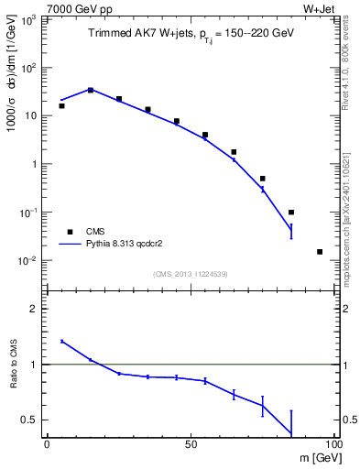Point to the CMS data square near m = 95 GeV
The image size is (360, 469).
click(320, 251)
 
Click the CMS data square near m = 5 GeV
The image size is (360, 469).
click(61, 106)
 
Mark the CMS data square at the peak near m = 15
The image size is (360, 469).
click(90, 90)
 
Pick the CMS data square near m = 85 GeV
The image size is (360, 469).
click(291, 213)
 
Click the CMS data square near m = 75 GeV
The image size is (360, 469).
click(262, 179)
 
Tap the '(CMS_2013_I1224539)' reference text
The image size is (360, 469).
click(191, 274)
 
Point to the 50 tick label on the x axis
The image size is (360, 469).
click(191, 443)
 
